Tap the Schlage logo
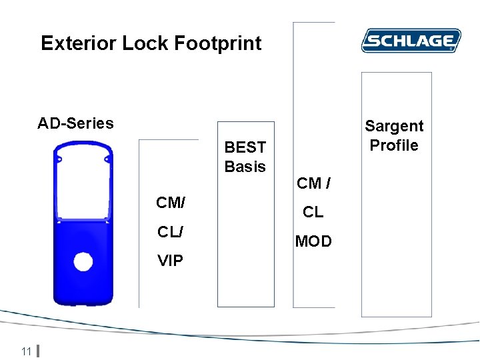pyautogui.click(x=411, y=41)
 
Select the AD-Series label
pyautogui.click(x=75, y=123)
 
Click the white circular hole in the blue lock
pyautogui.click(x=83, y=261)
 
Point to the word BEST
pyautogui.click(x=245, y=147)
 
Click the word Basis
pyautogui.click(x=245, y=167)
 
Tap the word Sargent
pyautogui.click(x=394, y=126)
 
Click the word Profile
pyautogui.click(x=394, y=145)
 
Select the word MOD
pyautogui.click(x=313, y=241)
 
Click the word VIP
pyautogui.click(x=171, y=261)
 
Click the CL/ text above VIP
pyautogui.click(x=171, y=231)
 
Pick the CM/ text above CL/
pyautogui.click(x=171, y=202)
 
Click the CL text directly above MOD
pyautogui.click(x=313, y=212)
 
